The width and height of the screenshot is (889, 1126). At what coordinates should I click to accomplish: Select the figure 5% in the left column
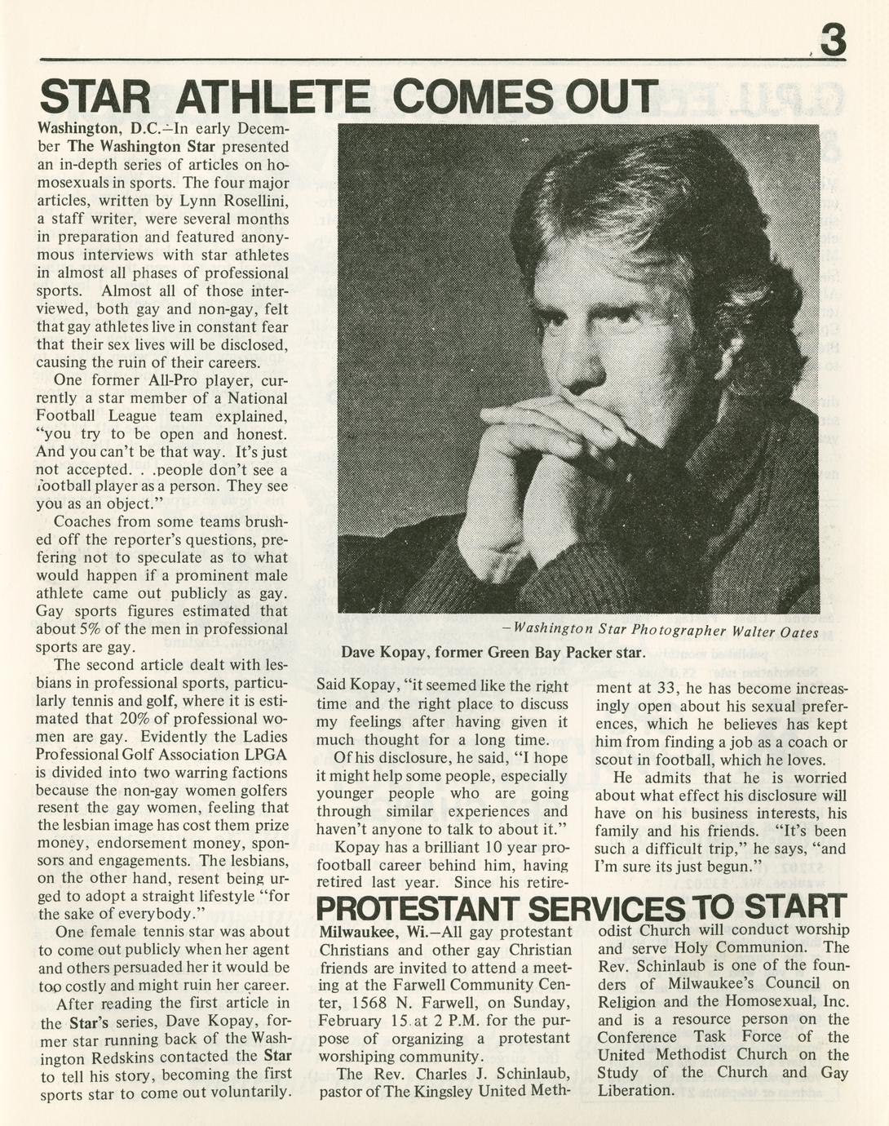click(89, 629)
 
